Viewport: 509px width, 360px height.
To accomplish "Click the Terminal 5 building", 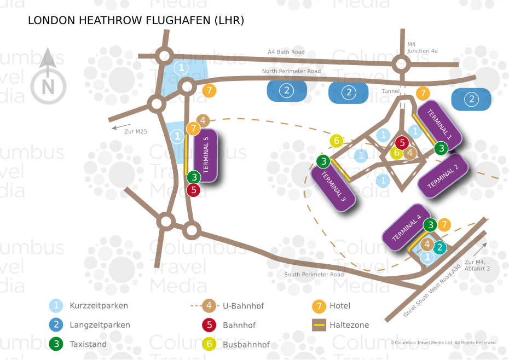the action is (x=205, y=155).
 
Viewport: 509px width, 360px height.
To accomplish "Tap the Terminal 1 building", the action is (x=439, y=124).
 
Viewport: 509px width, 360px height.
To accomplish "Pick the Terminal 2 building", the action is (x=443, y=176).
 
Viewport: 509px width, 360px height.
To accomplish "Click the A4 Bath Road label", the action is (x=286, y=52).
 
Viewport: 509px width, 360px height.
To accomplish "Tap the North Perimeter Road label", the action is (x=291, y=71).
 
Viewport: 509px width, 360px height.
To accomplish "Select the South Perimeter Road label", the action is (x=314, y=274).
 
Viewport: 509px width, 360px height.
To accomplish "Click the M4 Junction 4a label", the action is (x=422, y=48).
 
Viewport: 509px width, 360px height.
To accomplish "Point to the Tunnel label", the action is (x=391, y=91).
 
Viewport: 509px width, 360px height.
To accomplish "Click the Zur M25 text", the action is (x=135, y=131).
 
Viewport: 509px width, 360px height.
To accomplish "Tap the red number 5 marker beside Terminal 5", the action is (x=193, y=190).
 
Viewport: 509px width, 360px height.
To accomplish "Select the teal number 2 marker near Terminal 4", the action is (x=439, y=247).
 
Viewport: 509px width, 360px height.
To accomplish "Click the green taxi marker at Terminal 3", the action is (x=323, y=161).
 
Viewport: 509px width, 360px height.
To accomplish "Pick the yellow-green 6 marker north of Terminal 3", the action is (x=337, y=141).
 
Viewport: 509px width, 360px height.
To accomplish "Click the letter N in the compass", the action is (x=48, y=87).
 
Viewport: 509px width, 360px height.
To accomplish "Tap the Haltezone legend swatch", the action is (x=319, y=325).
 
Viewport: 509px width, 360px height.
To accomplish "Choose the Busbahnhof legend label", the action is (x=246, y=345).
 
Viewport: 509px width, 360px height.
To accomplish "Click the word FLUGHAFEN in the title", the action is (x=178, y=20).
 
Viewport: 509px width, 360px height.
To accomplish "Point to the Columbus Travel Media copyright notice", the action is (x=443, y=342).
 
